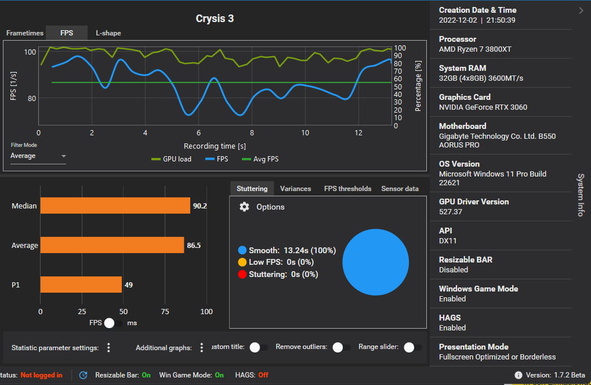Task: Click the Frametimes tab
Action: click(25, 33)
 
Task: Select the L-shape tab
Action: click(108, 33)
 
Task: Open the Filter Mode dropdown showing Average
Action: click(38, 156)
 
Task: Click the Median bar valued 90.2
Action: click(115, 206)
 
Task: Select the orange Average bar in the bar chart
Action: click(112, 245)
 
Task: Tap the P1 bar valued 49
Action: click(81, 285)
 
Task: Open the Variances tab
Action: click(295, 189)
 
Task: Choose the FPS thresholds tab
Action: click(347, 189)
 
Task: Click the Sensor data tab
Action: click(400, 189)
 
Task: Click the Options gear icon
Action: click(244, 207)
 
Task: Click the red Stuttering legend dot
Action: click(242, 274)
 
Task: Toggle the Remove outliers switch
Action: click(341, 347)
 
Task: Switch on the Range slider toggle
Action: click(412, 347)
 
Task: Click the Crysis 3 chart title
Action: click(215, 19)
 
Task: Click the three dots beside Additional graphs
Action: click(202, 347)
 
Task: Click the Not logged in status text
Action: click(41, 375)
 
